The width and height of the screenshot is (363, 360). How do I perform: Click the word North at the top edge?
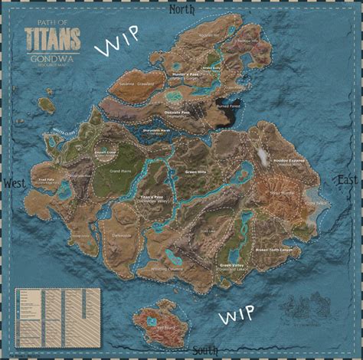tap(181, 10)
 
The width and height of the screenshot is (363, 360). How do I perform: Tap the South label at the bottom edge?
tap(204, 351)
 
